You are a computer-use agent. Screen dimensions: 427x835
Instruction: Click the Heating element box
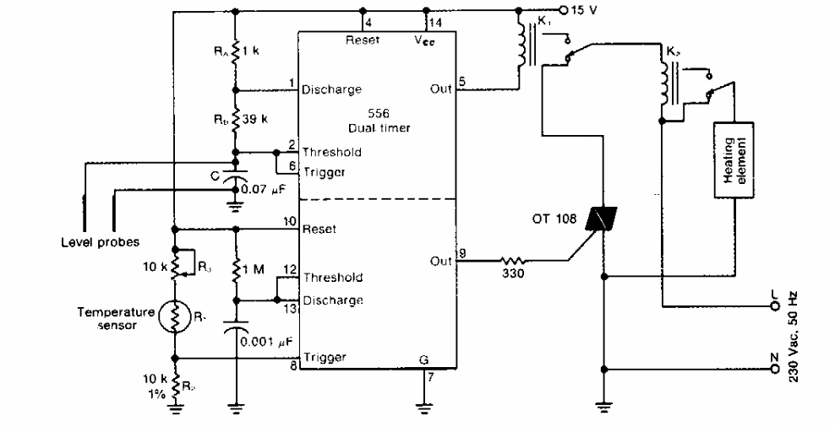(733, 160)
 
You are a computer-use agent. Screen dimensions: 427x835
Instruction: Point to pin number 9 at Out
(461, 251)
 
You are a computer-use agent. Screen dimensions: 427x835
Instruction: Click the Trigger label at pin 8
(325, 357)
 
